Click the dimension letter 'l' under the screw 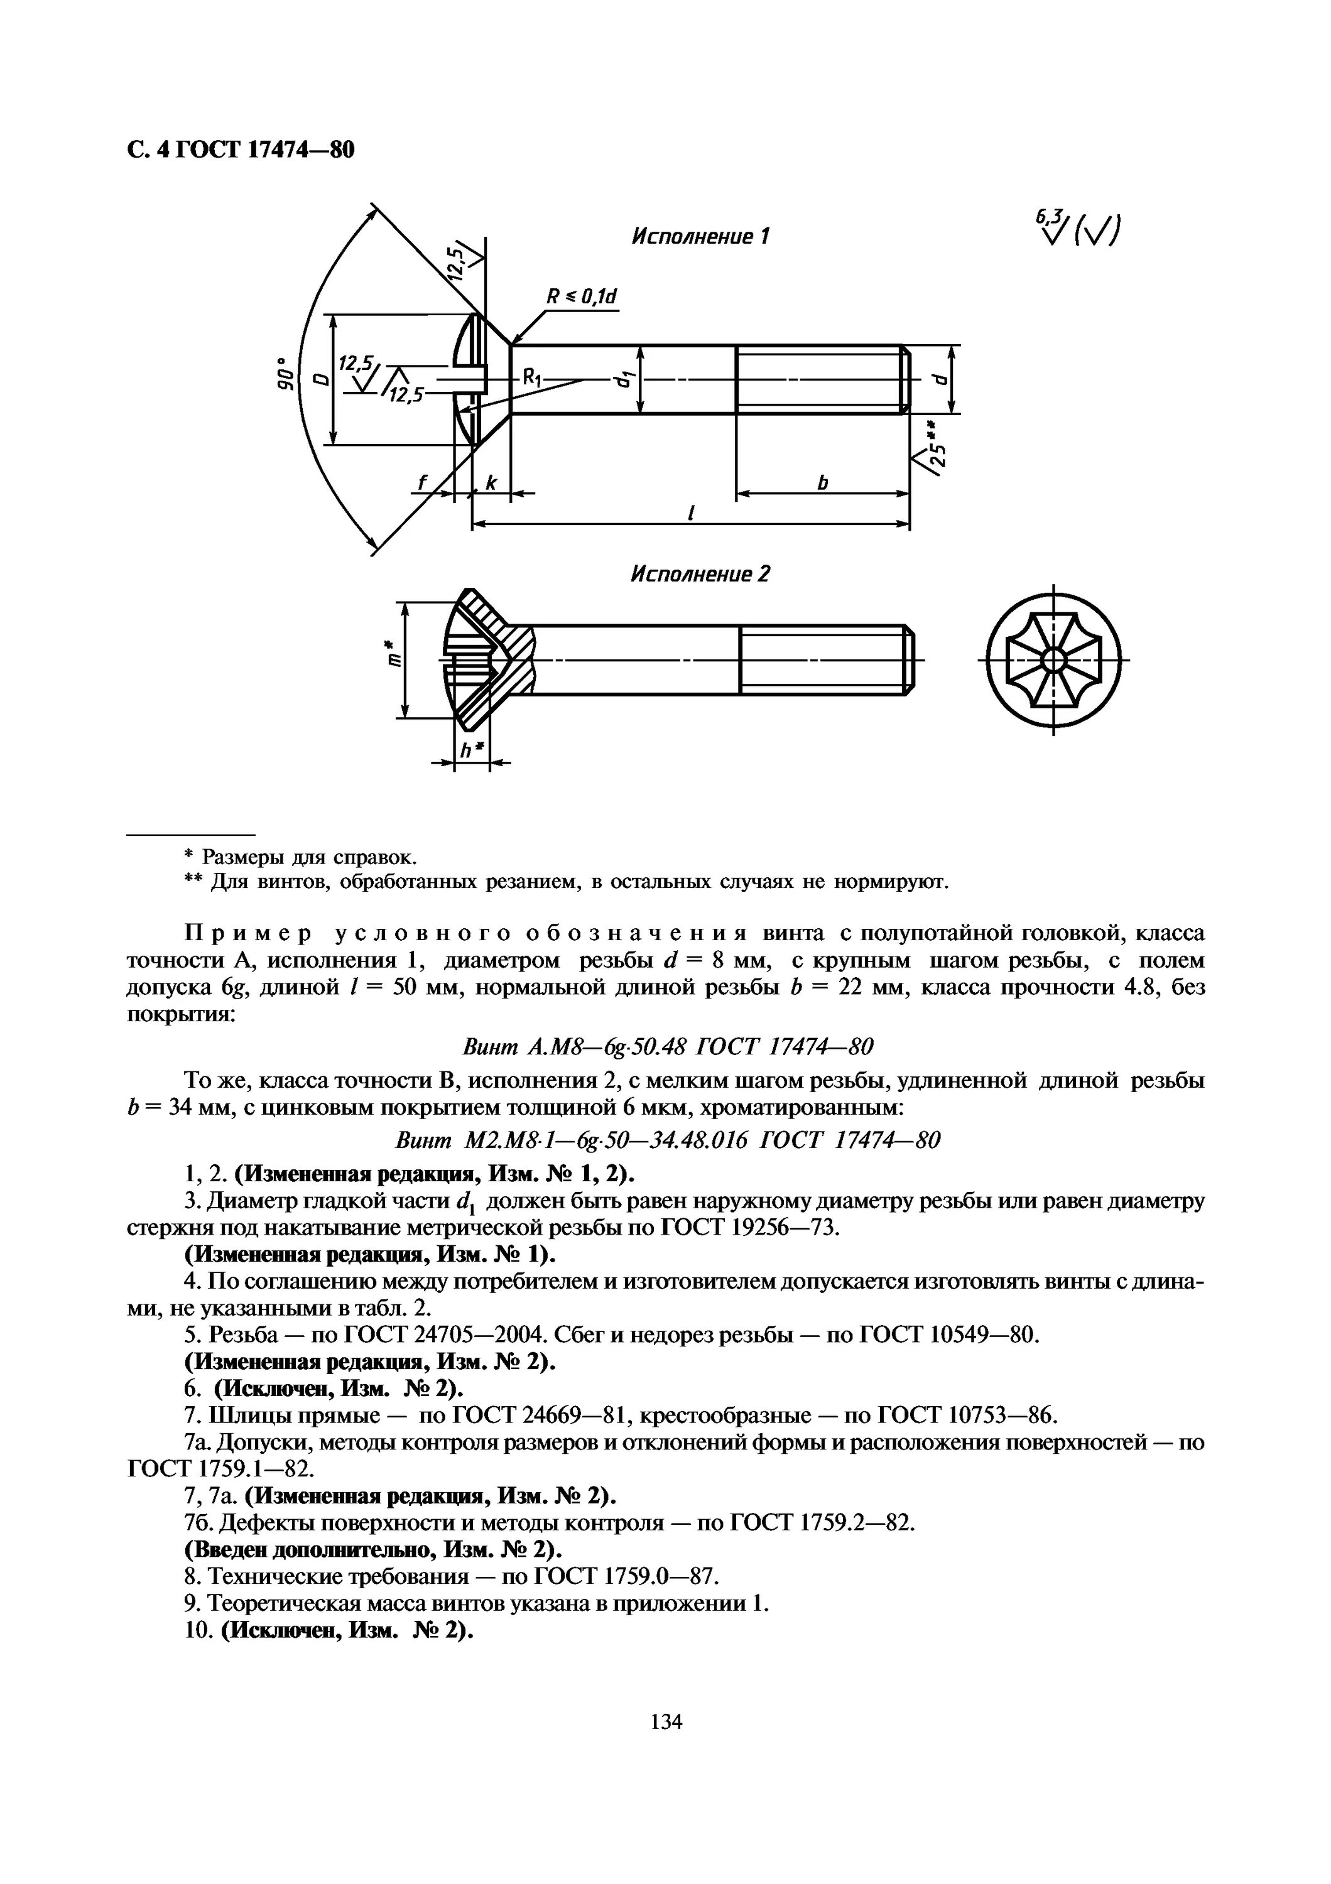691,513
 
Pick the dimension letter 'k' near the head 491,484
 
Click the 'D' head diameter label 318,379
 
